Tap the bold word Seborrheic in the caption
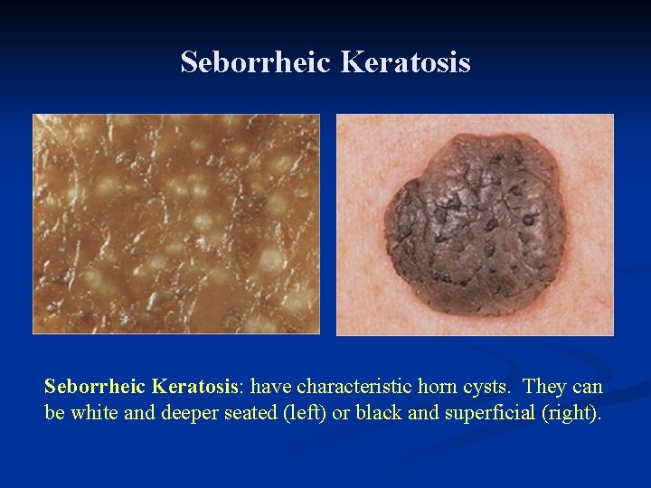pyautogui.click(x=95, y=388)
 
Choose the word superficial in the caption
pyautogui.click(x=457, y=413)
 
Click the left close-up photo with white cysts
pyautogui.click(x=176, y=223)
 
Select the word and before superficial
pyautogui.click(x=394, y=413)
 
